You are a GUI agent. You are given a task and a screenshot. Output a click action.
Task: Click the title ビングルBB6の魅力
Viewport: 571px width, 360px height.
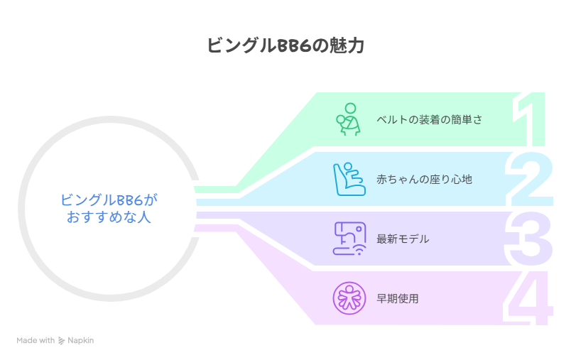285,45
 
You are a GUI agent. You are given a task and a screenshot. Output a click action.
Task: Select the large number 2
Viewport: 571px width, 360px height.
530,178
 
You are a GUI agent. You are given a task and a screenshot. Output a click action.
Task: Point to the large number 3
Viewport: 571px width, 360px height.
530,238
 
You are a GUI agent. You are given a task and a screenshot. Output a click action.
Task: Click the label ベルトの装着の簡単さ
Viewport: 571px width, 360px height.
429,119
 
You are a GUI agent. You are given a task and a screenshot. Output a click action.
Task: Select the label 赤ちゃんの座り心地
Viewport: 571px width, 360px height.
424,179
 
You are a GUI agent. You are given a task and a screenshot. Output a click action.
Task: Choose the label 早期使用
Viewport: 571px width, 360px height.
398,298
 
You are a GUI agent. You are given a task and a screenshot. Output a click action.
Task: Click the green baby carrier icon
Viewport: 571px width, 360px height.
348,119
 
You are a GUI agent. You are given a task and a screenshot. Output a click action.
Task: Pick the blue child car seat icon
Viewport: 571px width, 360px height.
348,179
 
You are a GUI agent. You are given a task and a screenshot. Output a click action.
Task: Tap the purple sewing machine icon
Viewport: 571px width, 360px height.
348,239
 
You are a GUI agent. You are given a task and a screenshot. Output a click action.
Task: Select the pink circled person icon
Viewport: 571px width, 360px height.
348,298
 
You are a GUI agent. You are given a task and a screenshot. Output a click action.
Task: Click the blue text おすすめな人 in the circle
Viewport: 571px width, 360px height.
108,217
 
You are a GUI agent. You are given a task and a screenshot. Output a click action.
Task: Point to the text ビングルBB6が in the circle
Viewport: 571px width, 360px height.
108,200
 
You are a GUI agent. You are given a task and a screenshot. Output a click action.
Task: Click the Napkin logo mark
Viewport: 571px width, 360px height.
61,341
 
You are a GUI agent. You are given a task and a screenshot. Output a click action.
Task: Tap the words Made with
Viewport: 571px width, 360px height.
36,341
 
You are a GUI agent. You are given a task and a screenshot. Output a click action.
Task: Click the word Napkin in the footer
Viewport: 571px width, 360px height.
80,341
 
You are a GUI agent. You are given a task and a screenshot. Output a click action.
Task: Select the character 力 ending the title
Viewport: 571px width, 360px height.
357,45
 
